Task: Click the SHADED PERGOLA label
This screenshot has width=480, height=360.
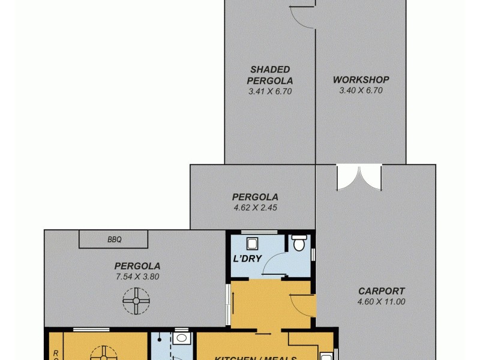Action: tap(270, 75)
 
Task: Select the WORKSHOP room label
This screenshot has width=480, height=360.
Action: tap(361, 80)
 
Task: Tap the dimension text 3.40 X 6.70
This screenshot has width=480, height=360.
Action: tap(361, 91)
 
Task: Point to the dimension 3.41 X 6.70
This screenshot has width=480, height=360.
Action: tap(270, 92)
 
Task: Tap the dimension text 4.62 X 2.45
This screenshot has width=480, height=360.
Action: tap(255, 208)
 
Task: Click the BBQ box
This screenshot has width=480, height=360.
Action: tap(114, 240)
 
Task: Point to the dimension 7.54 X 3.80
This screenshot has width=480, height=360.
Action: tap(137, 277)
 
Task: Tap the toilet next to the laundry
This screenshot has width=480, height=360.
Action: tap(298, 243)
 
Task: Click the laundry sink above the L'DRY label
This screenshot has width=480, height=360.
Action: tap(252, 243)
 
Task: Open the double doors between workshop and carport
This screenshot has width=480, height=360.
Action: tap(359, 177)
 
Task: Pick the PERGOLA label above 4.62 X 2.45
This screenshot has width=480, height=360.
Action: tap(255, 197)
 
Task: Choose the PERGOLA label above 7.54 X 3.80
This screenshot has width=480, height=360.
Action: tap(137, 266)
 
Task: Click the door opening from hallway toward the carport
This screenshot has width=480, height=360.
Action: tap(304, 306)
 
